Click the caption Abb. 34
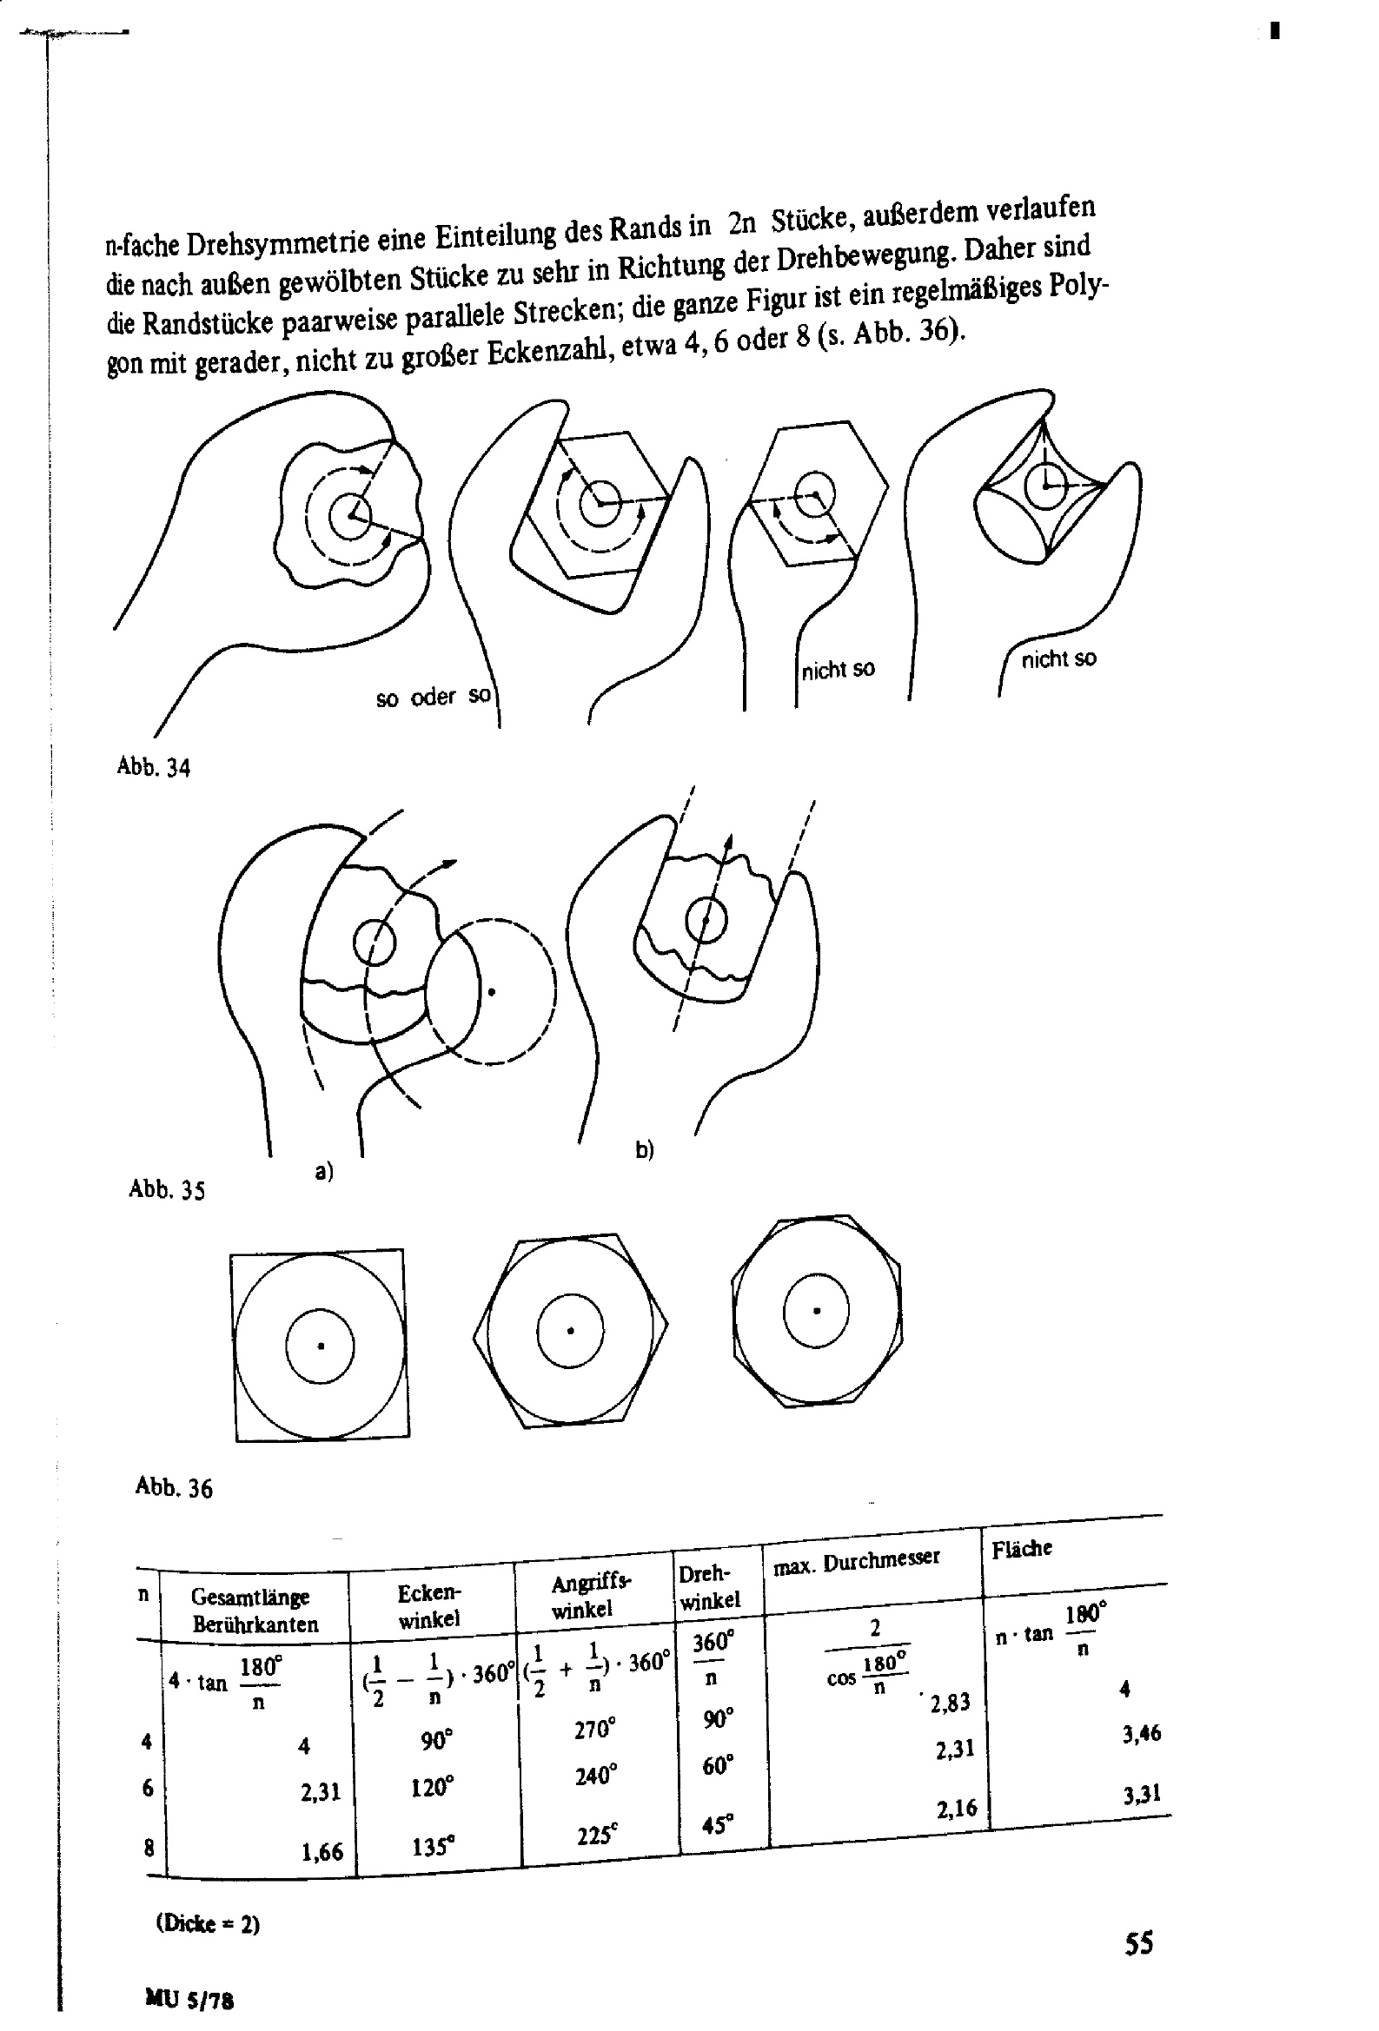(153, 767)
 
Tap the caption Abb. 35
(166, 1189)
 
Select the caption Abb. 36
(173, 1487)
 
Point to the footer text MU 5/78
(189, 2001)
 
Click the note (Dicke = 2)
(208, 1923)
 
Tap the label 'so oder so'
(433, 698)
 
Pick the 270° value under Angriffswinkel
(595, 1728)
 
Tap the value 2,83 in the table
(951, 1702)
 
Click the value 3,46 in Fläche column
(1141, 1734)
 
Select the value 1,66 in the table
(322, 1852)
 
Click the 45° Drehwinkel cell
(717, 1826)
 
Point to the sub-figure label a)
(324, 1171)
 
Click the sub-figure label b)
(645, 1149)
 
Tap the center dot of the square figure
(321, 1346)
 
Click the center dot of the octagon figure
(817, 1311)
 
